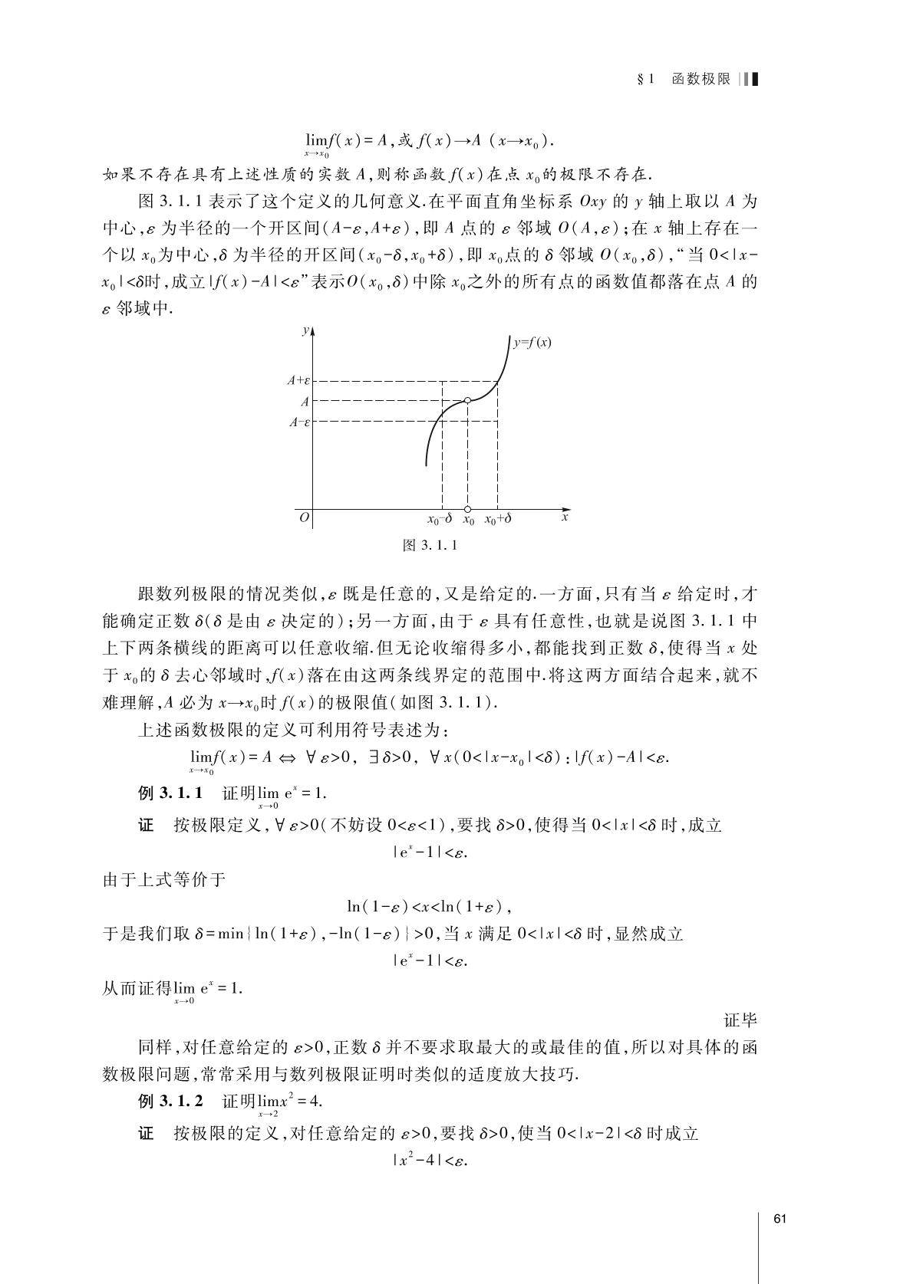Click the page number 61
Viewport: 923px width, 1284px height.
coord(782,1220)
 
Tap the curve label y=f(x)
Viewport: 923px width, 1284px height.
coord(532,343)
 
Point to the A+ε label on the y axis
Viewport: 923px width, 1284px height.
coord(298,380)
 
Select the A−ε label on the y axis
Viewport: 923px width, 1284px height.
coord(298,421)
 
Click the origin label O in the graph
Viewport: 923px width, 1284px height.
coord(304,518)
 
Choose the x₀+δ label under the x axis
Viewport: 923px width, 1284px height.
coord(498,519)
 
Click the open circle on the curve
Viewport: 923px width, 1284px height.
coord(468,400)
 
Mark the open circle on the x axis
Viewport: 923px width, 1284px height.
coord(468,508)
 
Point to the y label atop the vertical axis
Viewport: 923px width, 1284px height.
coord(305,330)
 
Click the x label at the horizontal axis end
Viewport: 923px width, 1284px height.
coord(565,517)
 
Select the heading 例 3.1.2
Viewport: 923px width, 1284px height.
coord(170,1101)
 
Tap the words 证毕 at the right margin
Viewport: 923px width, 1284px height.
coord(740,1020)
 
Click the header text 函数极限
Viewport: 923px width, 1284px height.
coord(700,79)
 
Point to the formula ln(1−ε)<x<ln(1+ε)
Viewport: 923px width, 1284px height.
coord(428,907)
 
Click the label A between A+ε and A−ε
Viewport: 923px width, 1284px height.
coord(305,401)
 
